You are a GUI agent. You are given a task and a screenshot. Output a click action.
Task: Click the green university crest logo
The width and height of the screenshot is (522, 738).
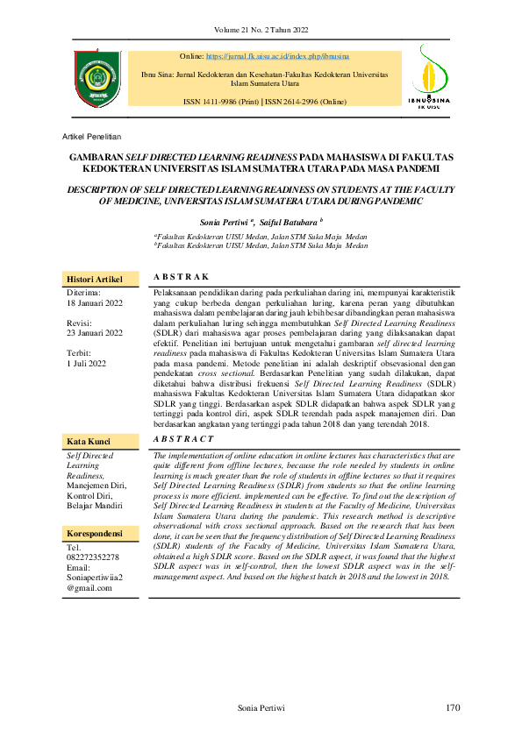[97, 78]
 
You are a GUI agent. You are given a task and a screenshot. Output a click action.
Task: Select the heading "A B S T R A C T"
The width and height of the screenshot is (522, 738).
[183, 438]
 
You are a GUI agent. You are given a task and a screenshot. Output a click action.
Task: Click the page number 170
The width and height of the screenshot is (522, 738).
[452, 708]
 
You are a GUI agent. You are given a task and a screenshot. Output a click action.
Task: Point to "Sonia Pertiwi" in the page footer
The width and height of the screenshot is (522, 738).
[262, 708]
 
